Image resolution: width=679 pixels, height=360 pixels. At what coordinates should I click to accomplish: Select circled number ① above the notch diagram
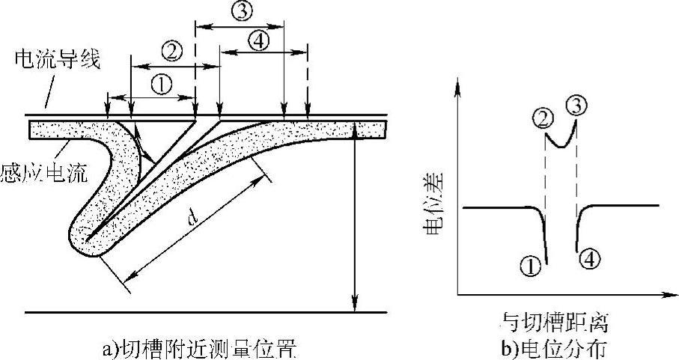click(161, 84)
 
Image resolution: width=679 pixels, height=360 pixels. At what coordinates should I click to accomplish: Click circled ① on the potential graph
click(530, 263)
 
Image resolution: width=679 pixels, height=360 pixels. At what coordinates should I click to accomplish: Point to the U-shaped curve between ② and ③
click(560, 141)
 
